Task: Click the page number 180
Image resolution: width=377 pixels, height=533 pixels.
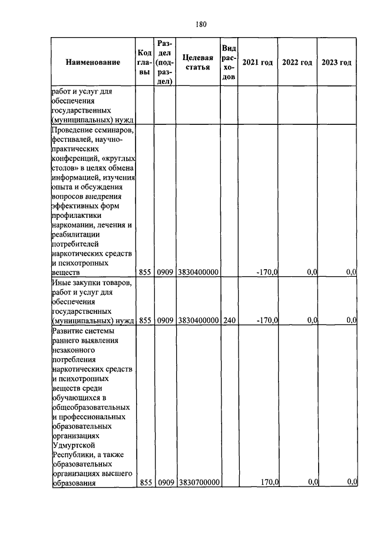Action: (200, 24)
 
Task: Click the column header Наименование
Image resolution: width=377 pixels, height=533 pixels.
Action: (93, 62)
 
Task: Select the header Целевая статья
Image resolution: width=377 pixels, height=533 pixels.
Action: (197, 62)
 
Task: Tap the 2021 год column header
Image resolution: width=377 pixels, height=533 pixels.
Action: (257, 62)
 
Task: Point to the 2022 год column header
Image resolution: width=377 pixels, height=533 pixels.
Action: (297, 62)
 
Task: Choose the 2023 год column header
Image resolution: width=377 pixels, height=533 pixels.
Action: (336, 62)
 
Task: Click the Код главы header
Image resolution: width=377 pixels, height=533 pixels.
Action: (144, 62)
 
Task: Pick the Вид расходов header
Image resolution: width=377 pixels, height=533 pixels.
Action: (229, 62)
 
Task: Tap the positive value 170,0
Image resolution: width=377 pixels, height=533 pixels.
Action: (269, 482)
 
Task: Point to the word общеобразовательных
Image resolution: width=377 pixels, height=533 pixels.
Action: (91, 407)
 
